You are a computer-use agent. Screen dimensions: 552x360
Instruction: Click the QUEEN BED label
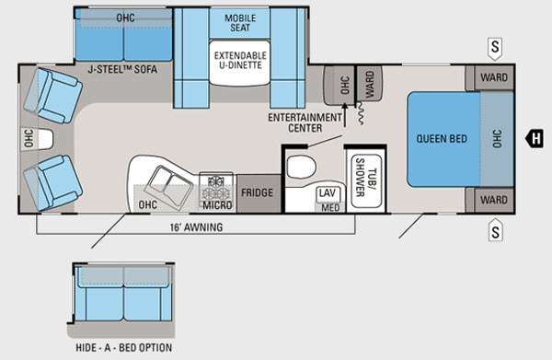click(442, 138)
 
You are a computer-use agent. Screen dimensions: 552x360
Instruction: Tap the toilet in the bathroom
click(302, 167)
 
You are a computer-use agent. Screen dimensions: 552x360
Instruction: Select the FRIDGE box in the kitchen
click(259, 193)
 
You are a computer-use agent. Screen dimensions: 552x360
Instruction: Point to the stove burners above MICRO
click(216, 187)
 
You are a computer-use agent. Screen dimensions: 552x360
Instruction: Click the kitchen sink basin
click(168, 187)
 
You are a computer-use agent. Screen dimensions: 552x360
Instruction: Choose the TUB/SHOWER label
click(365, 178)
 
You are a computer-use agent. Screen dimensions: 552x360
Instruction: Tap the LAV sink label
click(327, 193)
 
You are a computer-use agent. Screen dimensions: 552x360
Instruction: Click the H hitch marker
click(535, 138)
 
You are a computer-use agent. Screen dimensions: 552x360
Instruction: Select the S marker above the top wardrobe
click(495, 47)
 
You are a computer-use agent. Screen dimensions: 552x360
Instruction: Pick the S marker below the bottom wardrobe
click(495, 231)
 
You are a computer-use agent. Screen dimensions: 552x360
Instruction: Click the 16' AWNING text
click(197, 227)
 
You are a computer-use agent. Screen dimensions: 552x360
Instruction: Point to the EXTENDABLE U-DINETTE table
click(240, 64)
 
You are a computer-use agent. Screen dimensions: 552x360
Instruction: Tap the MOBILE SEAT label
click(240, 23)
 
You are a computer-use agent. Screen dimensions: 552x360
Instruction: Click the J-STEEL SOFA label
click(122, 69)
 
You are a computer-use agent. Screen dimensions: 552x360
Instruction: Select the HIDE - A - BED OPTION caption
click(124, 348)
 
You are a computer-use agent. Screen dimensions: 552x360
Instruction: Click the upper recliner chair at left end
click(52, 95)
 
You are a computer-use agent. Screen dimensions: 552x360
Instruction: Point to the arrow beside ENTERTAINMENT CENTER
click(345, 115)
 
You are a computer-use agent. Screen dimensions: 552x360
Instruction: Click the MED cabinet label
click(330, 208)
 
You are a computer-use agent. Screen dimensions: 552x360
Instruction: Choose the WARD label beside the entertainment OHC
click(369, 84)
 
